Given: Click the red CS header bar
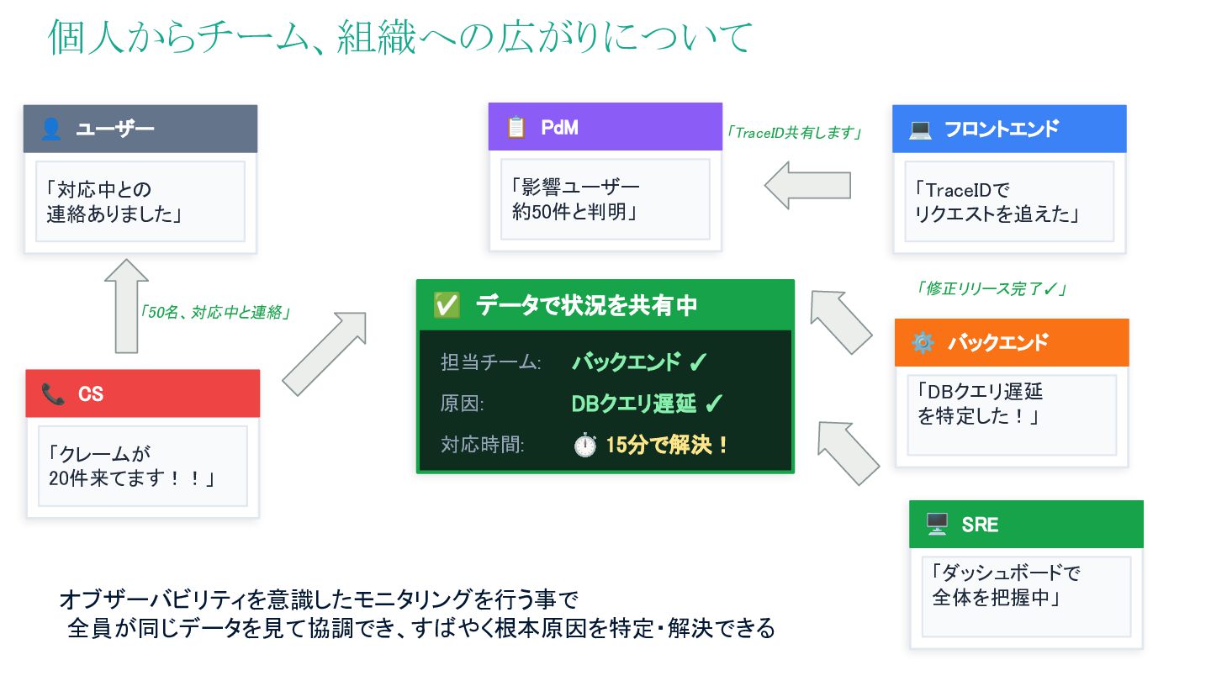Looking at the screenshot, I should pyautogui.click(x=142, y=393).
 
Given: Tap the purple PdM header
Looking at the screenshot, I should pyautogui.click(x=605, y=127).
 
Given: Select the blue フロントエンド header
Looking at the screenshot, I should pyautogui.click(x=1008, y=129).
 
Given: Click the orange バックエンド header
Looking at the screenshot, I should pyautogui.click(x=1011, y=342).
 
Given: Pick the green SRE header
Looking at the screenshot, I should pyautogui.click(x=1025, y=525).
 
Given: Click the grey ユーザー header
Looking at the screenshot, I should pyautogui.click(x=140, y=129).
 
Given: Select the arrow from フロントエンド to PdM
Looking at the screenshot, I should pyautogui.click(x=807, y=185).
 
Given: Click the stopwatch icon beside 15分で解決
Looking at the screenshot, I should pyautogui.click(x=584, y=446).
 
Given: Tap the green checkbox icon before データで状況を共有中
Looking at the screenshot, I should pyautogui.click(x=446, y=305).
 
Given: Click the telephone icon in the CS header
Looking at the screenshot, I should pyautogui.click(x=53, y=393).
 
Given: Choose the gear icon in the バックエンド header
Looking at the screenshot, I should pyautogui.click(x=923, y=343).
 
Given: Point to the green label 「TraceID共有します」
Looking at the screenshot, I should pyautogui.click(x=795, y=133).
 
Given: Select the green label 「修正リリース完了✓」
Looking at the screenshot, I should pyautogui.click(x=991, y=288).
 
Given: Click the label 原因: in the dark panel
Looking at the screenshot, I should pyautogui.click(x=463, y=404).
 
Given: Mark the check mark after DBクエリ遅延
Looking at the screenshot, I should pyautogui.click(x=713, y=404).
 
